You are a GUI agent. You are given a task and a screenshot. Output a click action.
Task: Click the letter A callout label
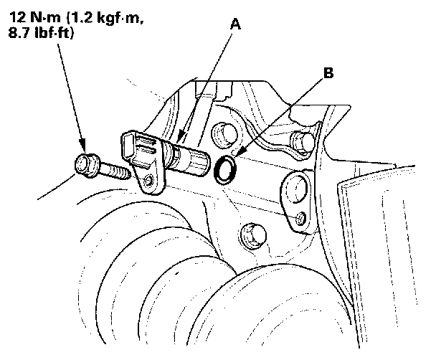tap(234, 24)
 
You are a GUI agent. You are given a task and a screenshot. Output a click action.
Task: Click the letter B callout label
tap(328, 72)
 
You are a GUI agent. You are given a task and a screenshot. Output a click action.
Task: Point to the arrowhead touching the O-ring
tap(237, 157)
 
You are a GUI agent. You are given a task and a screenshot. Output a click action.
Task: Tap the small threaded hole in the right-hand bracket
tap(301, 217)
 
